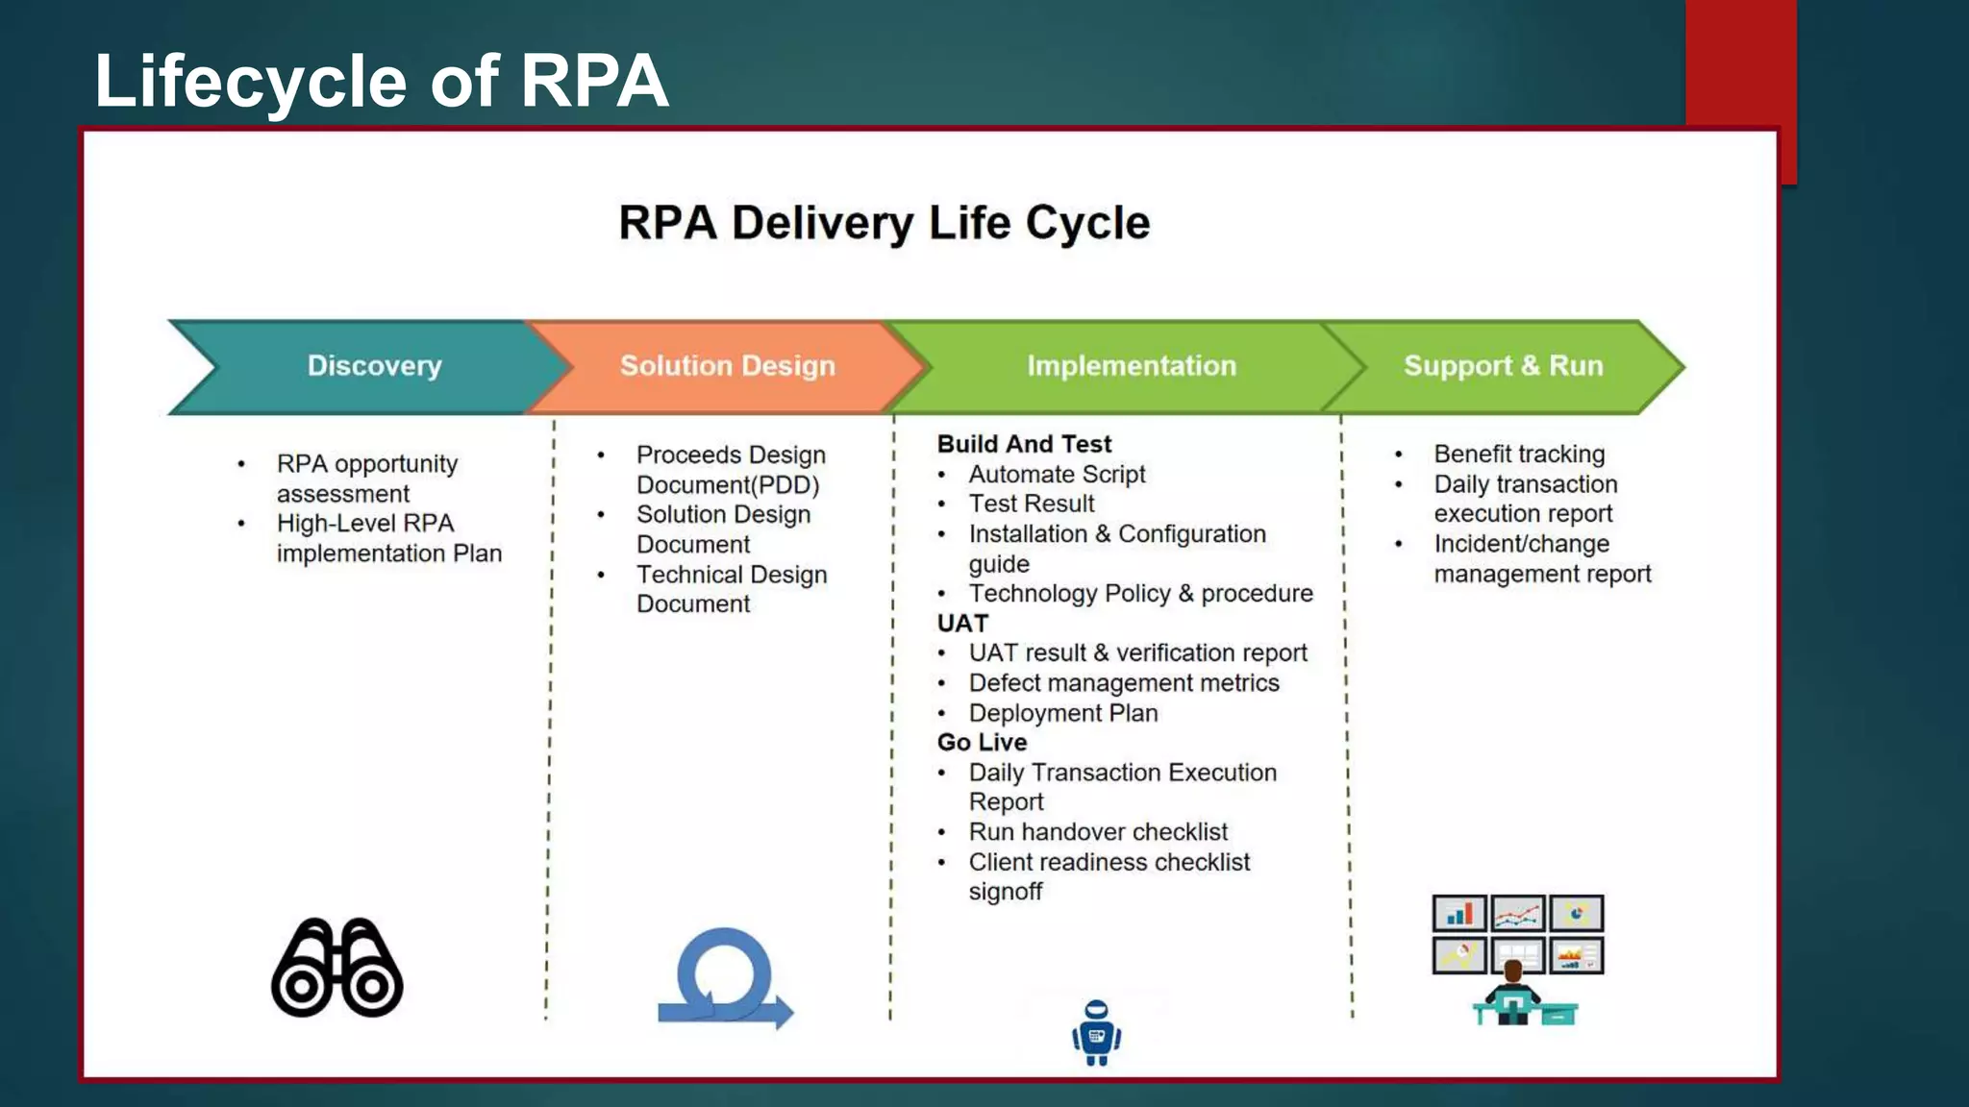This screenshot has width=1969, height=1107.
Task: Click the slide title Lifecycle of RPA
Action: [x=381, y=81]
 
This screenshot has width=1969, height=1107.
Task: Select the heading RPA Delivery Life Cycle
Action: [x=884, y=223]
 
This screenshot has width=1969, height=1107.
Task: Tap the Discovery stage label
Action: [x=374, y=366]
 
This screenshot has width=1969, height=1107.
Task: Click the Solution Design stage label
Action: [x=727, y=366]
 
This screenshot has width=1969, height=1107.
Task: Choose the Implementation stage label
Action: [x=1131, y=366]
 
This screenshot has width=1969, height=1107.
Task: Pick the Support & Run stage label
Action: [x=1503, y=366]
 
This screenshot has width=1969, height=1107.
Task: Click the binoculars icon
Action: [x=336, y=968]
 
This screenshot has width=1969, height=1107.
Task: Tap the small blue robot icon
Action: [x=1096, y=1033]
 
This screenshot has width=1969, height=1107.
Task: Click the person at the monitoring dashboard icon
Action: [x=1517, y=960]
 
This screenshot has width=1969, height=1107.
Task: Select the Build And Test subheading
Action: [x=1024, y=444]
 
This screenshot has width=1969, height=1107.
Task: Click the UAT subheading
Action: [x=962, y=624]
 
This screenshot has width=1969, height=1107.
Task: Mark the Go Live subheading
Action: [x=982, y=743]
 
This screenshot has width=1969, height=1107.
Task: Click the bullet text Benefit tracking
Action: [x=1519, y=454]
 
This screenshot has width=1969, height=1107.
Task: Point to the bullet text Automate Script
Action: [x=1057, y=475]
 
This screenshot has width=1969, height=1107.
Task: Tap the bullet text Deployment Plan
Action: [x=1063, y=713]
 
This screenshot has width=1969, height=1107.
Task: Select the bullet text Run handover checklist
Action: [x=1098, y=832]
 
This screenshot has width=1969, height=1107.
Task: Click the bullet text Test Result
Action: [x=1032, y=504]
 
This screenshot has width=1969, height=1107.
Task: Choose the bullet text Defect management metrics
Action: [x=1124, y=683]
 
